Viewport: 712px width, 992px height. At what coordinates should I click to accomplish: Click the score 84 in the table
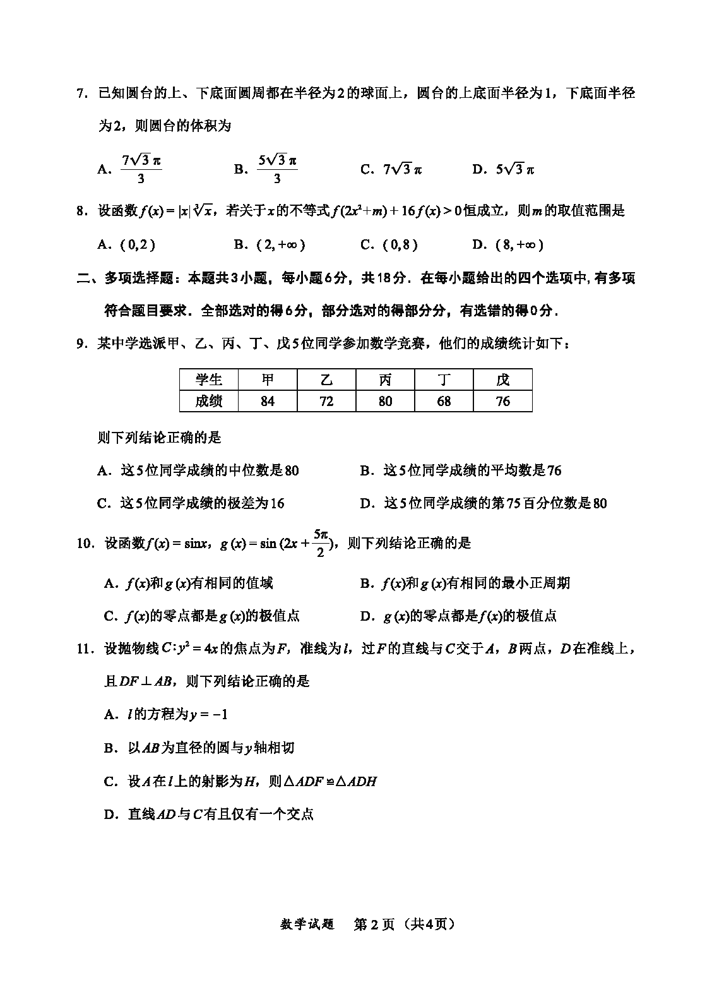[268, 401]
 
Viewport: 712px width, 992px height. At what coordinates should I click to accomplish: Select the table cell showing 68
[444, 401]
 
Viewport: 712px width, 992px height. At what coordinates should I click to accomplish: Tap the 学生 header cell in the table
[209, 379]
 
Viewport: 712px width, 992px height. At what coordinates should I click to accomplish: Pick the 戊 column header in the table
[502, 379]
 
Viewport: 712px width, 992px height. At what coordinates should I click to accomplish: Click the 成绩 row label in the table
[209, 401]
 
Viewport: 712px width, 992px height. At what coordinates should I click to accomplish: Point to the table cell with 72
[326, 401]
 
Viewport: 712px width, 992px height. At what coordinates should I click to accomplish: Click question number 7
[81, 93]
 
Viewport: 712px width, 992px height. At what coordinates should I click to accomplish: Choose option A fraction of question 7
[140, 169]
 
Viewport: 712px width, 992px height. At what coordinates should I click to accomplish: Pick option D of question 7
[503, 169]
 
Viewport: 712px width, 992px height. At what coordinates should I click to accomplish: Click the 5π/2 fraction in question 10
[321, 543]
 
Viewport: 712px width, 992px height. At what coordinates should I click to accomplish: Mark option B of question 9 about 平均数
[461, 470]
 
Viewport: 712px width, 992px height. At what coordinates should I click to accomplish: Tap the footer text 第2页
[374, 924]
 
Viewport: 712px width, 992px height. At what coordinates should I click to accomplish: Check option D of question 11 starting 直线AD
[209, 814]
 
